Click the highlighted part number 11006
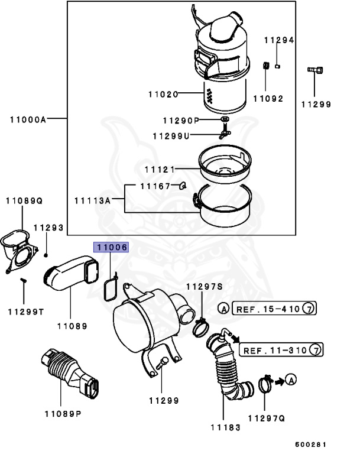[x=112, y=248]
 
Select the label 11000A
[x=28, y=119]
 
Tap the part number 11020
[x=163, y=94]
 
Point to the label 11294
[x=279, y=40]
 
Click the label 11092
[x=268, y=99]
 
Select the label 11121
[x=160, y=170]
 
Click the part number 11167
[x=155, y=186]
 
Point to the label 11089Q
[x=25, y=201]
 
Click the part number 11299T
[x=25, y=311]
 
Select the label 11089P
[x=63, y=413]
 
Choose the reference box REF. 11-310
[x=275, y=350]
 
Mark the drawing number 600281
[x=311, y=445]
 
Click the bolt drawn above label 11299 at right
[x=315, y=72]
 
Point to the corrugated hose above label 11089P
[x=66, y=373]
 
